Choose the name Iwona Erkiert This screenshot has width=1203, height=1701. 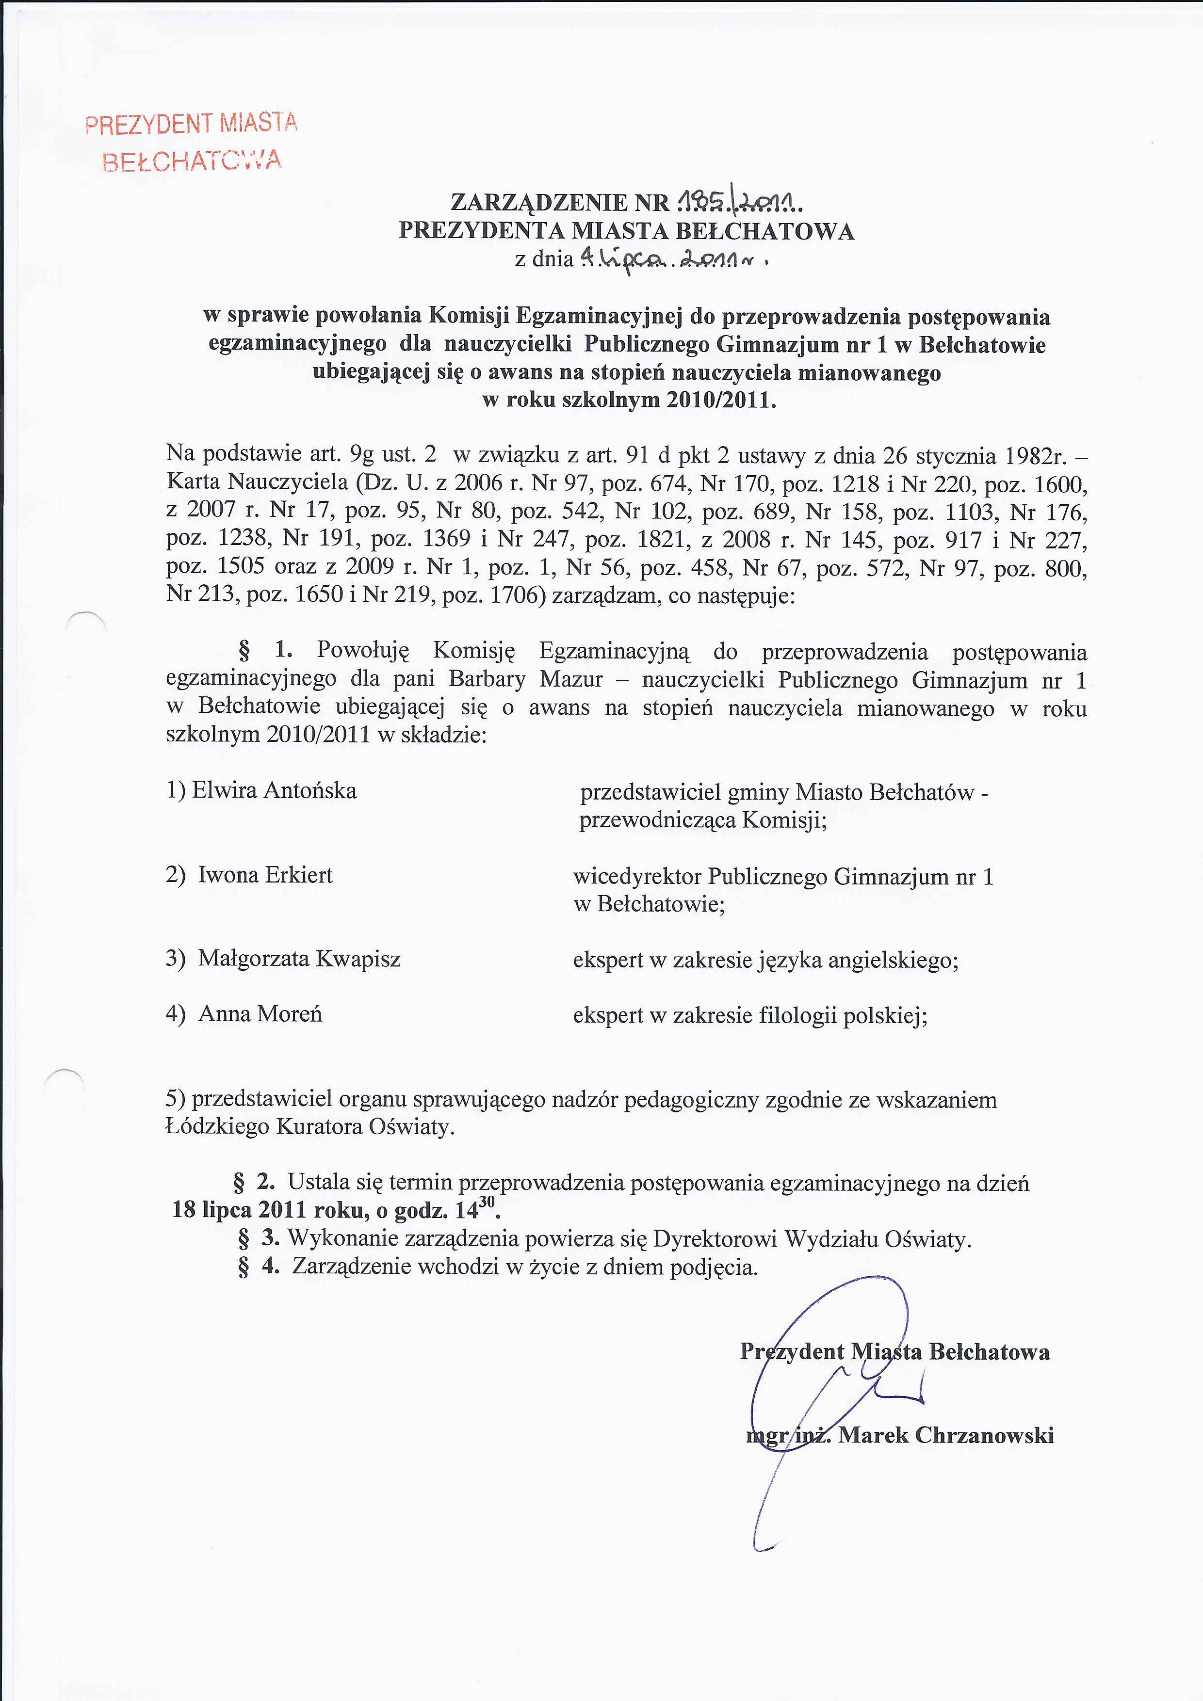(265, 875)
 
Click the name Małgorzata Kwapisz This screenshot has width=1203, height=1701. (299, 959)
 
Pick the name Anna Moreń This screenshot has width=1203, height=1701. (260, 1013)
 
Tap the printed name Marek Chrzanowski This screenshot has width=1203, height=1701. (946, 1435)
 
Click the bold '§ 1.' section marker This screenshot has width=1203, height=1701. (265, 650)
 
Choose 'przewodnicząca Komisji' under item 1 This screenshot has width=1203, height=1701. (703, 820)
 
